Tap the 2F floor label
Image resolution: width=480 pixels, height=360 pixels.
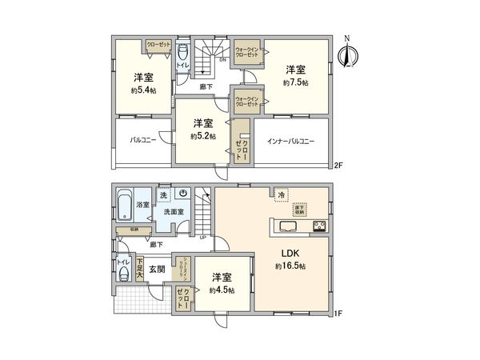click(338, 166)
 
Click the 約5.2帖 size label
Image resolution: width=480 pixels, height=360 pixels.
click(202, 136)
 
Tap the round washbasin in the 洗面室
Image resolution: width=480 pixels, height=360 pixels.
click(183, 194)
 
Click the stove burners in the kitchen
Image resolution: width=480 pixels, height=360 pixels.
click(318, 226)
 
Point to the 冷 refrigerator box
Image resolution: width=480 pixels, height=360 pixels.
click(281, 194)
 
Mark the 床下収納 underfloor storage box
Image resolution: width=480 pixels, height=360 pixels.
click(299, 210)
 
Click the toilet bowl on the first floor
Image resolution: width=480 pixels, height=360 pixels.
click(122, 274)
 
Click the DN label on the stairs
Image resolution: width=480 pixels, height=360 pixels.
click(222, 59)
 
